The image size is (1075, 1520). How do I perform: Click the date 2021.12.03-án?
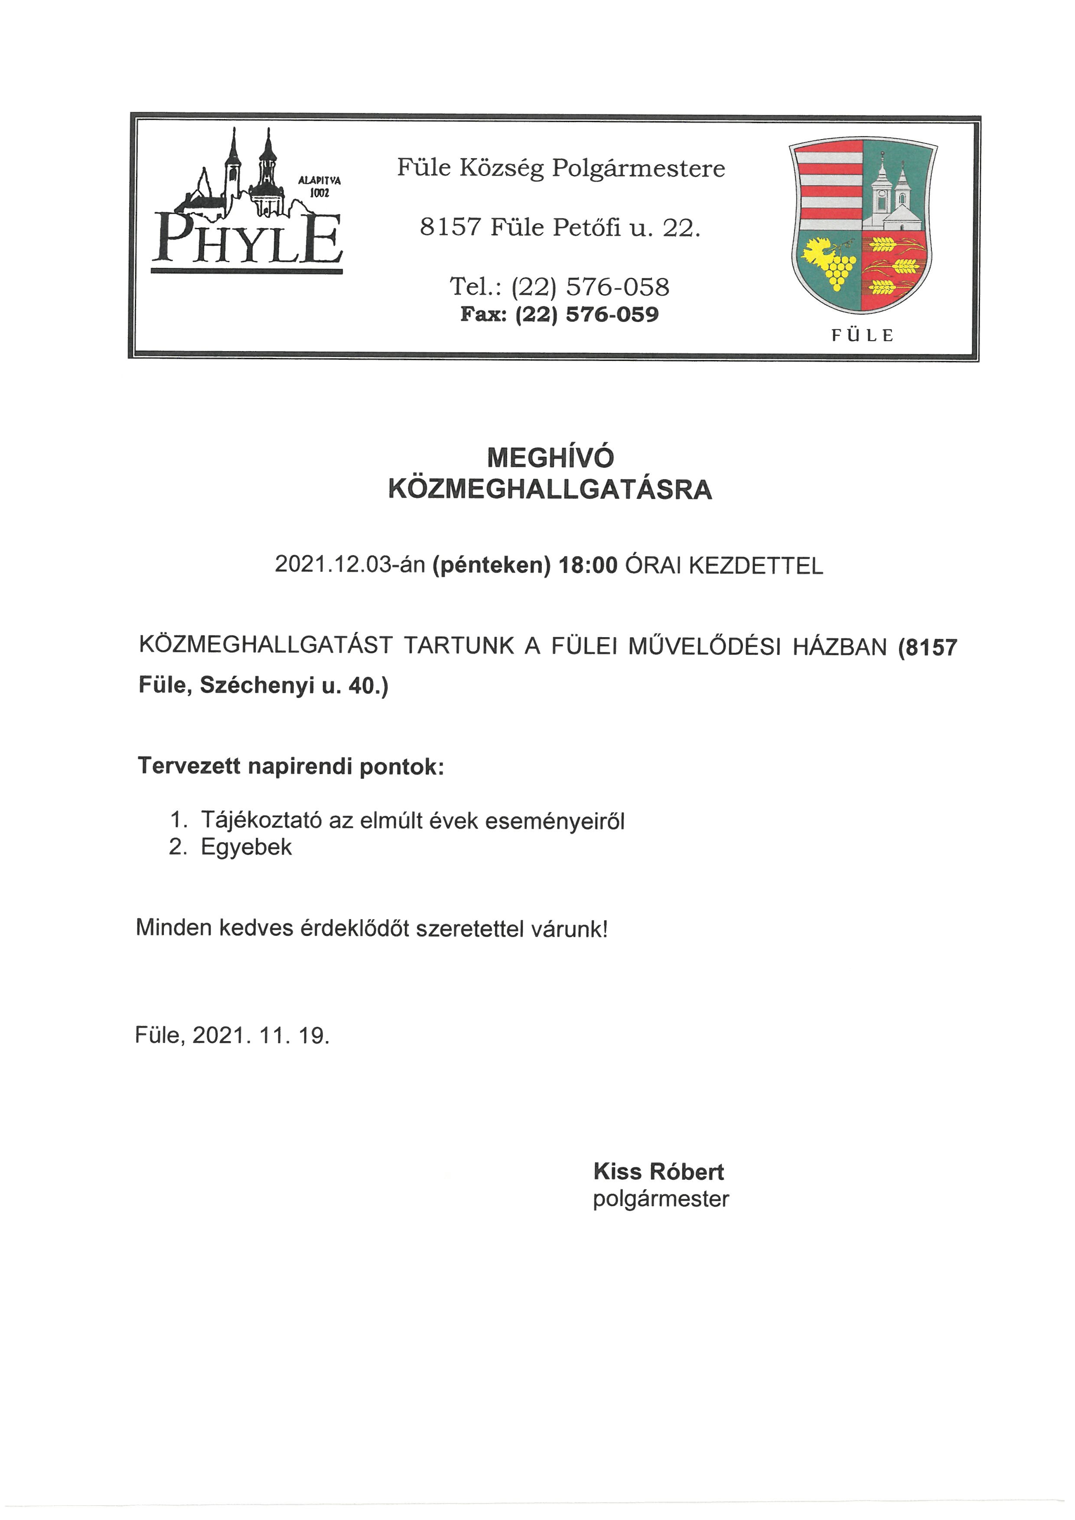pyautogui.click(x=349, y=565)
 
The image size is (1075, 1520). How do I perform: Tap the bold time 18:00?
pyautogui.click(x=589, y=565)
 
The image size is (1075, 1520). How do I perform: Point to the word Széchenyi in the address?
pyautogui.click(x=257, y=686)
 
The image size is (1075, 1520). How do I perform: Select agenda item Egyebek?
pyautogui.click(x=246, y=847)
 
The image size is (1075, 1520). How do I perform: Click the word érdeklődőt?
pyautogui.click(x=355, y=928)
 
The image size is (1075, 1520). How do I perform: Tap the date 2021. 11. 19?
pyautogui.click(x=261, y=1035)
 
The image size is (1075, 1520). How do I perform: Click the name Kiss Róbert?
pyautogui.click(x=658, y=1172)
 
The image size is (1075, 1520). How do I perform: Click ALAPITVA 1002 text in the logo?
pyautogui.click(x=320, y=186)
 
